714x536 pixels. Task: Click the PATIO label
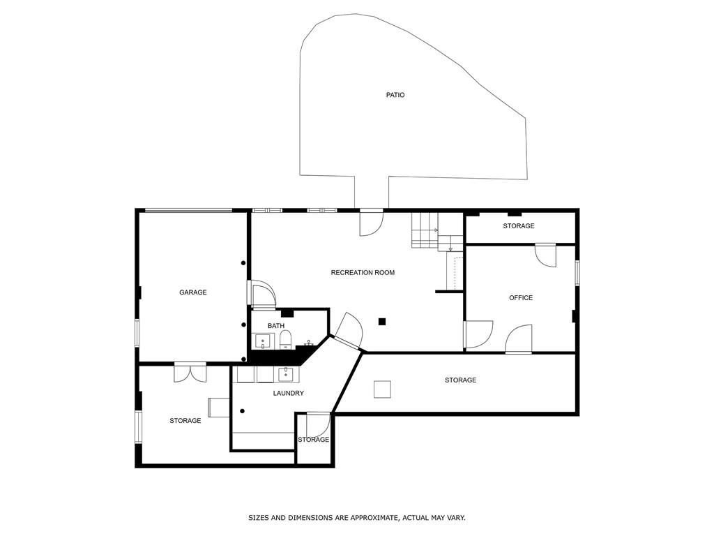(x=395, y=95)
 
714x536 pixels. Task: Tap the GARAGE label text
(x=193, y=292)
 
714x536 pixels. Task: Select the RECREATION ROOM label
(x=363, y=272)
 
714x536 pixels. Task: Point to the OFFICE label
(x=521, y=298)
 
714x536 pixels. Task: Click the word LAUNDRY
(x=288, y=394)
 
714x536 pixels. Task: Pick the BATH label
(x=276, y=326)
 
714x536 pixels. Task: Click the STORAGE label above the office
(x=519, y=226)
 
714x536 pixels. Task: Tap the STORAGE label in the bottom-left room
(x=185, y=421)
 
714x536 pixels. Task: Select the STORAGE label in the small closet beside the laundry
(x=313, y=440)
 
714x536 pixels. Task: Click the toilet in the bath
(x=285, y=340)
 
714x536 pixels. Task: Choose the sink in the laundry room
(x=286, y=374)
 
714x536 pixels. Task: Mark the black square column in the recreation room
(x=382, y=322)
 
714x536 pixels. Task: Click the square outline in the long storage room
(x=382, y=389)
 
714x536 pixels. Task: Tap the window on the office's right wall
(x=577, y=273)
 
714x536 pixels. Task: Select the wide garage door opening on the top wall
(x=188, y=210)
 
